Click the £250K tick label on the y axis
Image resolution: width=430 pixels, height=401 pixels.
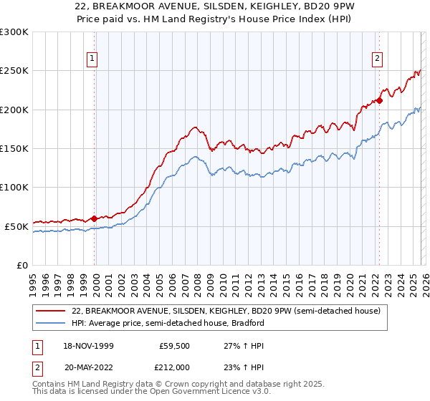[14, 71]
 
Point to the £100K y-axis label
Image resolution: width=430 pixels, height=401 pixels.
[14, 188]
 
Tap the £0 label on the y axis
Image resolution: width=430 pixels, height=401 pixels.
[22, 265]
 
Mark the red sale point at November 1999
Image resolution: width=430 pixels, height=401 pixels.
[95, 218]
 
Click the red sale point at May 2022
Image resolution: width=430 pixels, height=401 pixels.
[379, 101]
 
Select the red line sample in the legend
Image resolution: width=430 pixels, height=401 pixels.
[51, 311]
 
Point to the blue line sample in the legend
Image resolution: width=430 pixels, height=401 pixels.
[51, 323]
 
